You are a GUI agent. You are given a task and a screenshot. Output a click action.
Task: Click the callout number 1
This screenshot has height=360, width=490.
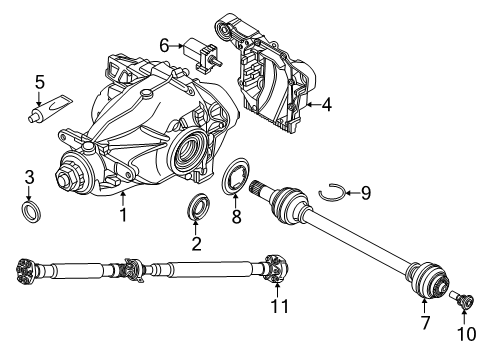click(122, 213)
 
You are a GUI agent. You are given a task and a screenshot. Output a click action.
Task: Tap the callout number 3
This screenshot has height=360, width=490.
click(29, 178)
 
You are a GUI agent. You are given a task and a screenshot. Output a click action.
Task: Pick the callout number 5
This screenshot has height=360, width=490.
click(39, 83)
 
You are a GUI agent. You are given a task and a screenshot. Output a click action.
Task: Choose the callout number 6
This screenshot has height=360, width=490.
click(164, 45)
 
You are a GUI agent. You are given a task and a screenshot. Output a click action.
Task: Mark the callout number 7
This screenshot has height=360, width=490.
click(425, 324)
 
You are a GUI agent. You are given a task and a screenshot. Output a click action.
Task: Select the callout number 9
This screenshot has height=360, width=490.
click(366, 192)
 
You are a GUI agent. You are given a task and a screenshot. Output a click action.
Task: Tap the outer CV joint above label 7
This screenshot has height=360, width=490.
click(428, 279)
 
